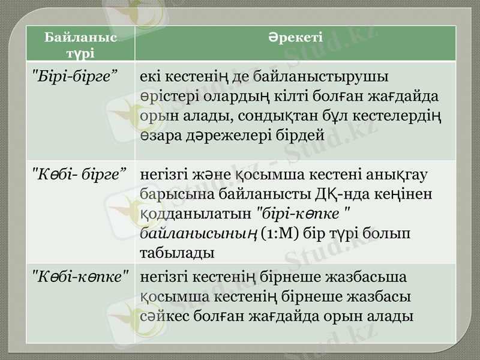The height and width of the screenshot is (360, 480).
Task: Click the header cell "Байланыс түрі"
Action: (80, 44)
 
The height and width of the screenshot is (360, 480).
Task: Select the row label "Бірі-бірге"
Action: (74, 76)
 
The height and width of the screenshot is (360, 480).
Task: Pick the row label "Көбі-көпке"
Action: (80, 278)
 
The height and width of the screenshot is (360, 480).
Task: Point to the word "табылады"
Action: (176, 253)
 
